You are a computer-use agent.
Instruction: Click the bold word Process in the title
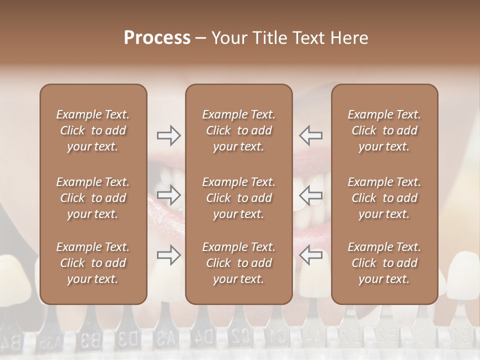pyautogui.click(x=157, y=38)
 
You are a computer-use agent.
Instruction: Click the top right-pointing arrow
pyautogui.click(x=168, y=135)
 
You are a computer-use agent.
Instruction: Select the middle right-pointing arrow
pyautogui.click(x=168, y=195)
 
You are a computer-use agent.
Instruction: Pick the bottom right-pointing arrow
pyautogui.click(x=168, y=255)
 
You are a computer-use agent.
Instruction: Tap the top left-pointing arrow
pyautogui.click(x=310, y=135)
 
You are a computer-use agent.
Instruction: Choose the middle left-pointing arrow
pyautogui.click(x=310, y=195)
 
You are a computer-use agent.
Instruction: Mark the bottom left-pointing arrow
pyautogui.click(x=310, y=255)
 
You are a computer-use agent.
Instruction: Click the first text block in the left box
pyautogui.click(x=93, y=130)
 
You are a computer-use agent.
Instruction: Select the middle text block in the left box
pyautogui.click(x=93, y=198)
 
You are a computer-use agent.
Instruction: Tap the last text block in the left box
pyautogui.click(x=93, y=263)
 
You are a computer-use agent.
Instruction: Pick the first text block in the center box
pyautogui.click(x=238, y=130)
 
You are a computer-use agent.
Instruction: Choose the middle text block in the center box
pyautogui.click(x=238, y=198)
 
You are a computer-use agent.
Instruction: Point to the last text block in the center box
pyautogui.click(x=238, y=263)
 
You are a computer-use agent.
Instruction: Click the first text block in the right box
pyautogui.click(x=384, y=130)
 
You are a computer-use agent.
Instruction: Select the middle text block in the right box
pyautogui.click(x=384, y=198)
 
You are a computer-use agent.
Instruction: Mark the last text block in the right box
pyautogui.click(x=384, y=263)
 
